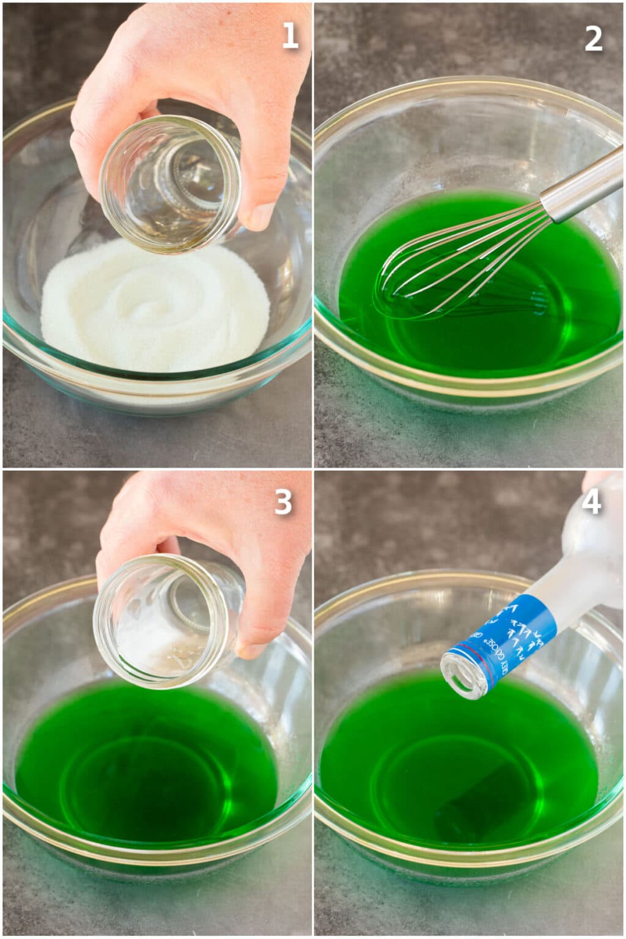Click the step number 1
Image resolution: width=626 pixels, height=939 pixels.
289,36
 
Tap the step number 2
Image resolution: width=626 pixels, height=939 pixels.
593,39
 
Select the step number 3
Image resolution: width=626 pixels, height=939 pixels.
282,503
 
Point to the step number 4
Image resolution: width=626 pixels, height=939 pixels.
592,503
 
